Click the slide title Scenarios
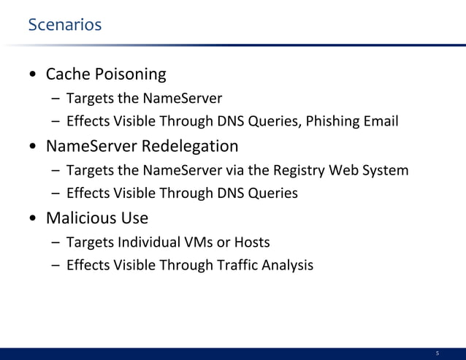click(64, 26)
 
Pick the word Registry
click(292, 171)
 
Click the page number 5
click(438, 353)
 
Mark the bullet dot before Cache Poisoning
click(34, 76)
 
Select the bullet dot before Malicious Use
click(34, 219)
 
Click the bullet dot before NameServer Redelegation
click(34, 147)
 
